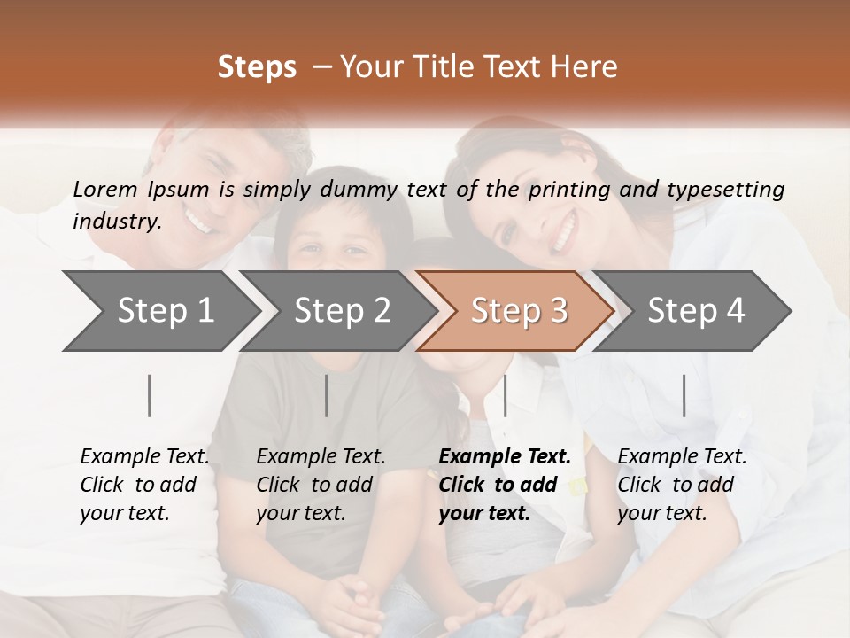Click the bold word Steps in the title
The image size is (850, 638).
(257, 67)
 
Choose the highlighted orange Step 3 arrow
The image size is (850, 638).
(519, 310)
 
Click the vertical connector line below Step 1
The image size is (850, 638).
(150, 395)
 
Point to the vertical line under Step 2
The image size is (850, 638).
(327, 395)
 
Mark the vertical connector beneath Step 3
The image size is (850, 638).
(505, 395)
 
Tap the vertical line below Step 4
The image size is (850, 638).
(684, 395)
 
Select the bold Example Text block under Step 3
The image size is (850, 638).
(505, 485)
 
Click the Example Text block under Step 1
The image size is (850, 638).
(144, 485)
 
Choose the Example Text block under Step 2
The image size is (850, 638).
(321, 485)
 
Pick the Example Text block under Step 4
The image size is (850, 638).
(682, 485)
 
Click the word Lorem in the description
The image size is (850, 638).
(105, 189)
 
